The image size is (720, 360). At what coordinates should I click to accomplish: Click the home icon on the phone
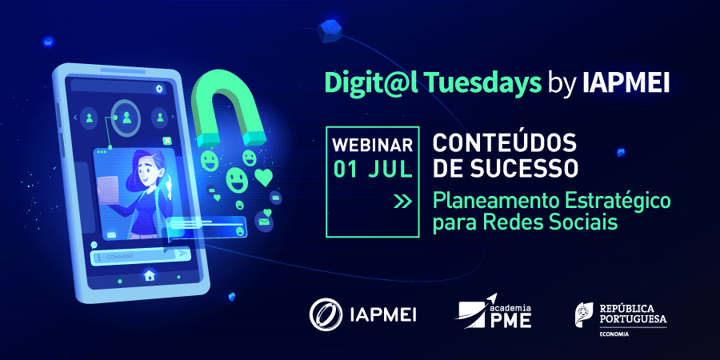pos(149,275)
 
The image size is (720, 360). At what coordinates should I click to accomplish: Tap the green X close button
pos(167,141)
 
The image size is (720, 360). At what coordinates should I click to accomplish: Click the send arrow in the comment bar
pos(182,254)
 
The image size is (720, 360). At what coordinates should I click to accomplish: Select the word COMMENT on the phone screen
pos(120,257)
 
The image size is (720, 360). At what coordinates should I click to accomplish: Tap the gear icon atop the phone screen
pos(159,89)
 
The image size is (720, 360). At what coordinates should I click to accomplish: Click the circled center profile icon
pos(126,117)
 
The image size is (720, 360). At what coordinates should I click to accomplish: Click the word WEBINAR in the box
pos(372,145)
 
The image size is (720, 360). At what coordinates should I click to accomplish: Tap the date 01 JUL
pos(372,170)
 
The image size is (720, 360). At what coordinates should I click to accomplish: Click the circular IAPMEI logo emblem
pos(326,315)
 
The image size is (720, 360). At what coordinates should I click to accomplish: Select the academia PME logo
pos(493,313)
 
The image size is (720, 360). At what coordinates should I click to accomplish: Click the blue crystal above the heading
pos(330,32)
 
